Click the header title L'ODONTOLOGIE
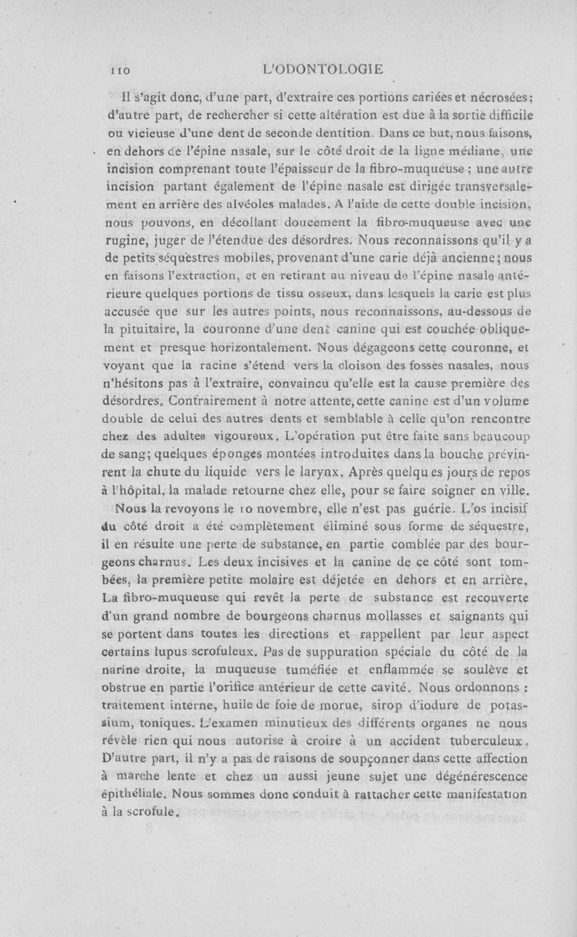point(323,70)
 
